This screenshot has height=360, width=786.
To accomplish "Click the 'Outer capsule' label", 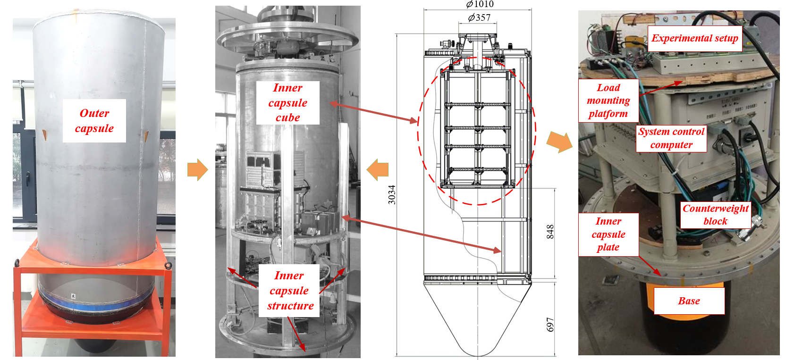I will pos(94,121).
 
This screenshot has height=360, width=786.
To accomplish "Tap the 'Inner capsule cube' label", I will pos(287,103).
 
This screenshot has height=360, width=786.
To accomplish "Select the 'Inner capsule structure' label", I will pos(289,291).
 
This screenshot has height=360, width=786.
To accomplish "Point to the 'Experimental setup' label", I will pos(694,38).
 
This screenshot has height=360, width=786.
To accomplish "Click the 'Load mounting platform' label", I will pos(609,100).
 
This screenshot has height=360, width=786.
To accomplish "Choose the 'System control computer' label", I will pos(671,138).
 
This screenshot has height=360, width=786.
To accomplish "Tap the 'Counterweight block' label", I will pos(715,215).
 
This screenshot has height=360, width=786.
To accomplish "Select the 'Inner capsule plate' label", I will pos(609,234).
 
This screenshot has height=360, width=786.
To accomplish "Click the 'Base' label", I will pos(689,301).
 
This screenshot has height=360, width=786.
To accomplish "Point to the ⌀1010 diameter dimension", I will pos(480,4).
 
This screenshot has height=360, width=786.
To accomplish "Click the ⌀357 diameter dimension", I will pos(479,18).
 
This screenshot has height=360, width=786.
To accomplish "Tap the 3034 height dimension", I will pos(392,194).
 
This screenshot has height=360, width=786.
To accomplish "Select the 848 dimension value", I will pos(550,232).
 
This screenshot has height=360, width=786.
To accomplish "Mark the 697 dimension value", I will pos(550,325).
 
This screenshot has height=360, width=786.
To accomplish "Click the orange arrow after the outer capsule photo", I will pos(197,170).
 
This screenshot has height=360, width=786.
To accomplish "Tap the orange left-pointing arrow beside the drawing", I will pos(378,170).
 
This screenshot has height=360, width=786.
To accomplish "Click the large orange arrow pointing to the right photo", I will pos(559,142).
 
